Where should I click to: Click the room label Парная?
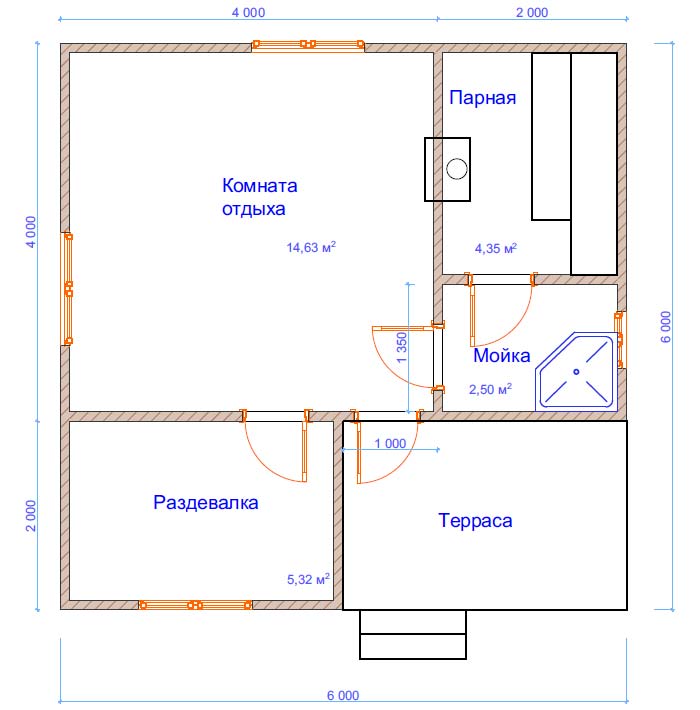[x=483, y=98]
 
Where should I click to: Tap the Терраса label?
[x=475, y=521]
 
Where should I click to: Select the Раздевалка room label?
[x=206, y=503]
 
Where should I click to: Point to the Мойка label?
[x=502, y=355]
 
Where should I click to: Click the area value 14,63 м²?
[x=311, y=247]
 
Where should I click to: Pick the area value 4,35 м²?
[x=496, y=248]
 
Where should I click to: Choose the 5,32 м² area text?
[x=308, y=579]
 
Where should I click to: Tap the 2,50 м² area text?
[x=490, y=389]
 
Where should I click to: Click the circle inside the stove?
[x=457, y=169]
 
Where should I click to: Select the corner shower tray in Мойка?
[x=577, y=372]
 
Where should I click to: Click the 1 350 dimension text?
[x=402, y=348]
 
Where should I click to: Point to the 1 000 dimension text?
[x=390, y=444]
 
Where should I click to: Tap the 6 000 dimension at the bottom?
[x=343, y=695]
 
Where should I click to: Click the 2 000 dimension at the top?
[x=532, y=12]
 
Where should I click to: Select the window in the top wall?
[x=308, y=44]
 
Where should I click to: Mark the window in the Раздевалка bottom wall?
[x=195, y=604]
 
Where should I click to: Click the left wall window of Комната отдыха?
[x=68, y=288]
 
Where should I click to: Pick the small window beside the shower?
[x=619, y=340]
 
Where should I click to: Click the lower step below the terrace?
[x=413, y=646]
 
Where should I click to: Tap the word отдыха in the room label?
[x=254, y=209]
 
